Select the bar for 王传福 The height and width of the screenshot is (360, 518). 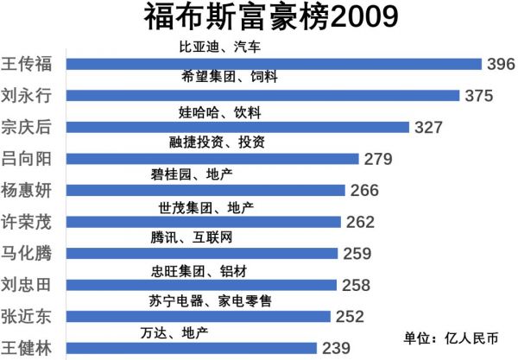[x=273, y=64]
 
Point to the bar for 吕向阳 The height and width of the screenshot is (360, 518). [x=212, y=159]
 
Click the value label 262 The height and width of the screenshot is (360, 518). [x=360, y=222]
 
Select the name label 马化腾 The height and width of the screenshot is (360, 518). [x=27, y=254]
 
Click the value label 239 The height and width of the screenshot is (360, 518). [x=334, y=349]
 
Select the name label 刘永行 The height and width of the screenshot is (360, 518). [x=27, y=96]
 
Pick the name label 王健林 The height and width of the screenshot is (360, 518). [x=27, y=349]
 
